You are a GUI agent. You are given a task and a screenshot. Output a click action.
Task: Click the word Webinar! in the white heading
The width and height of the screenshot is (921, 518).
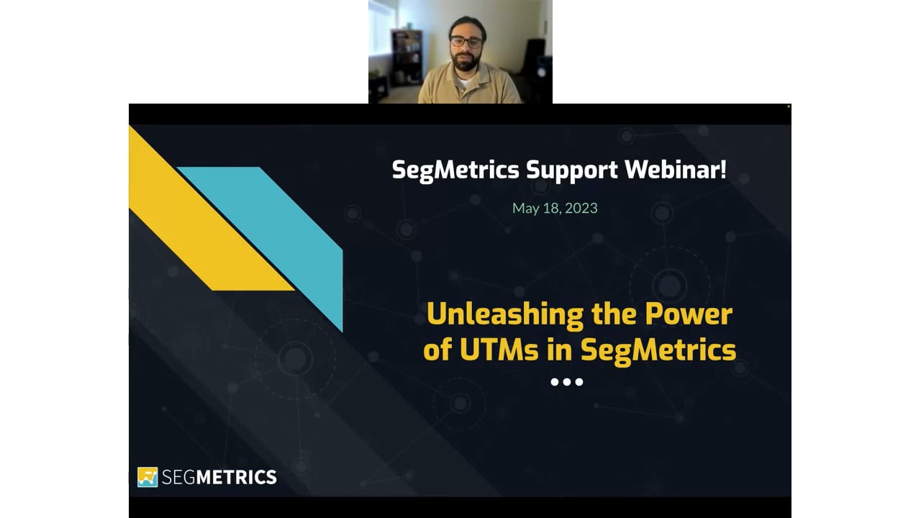click(676, 169)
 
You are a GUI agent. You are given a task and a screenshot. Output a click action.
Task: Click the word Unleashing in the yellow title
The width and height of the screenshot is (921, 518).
click(505, 315)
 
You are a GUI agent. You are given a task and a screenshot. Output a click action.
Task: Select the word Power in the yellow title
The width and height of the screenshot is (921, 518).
click(689, 314)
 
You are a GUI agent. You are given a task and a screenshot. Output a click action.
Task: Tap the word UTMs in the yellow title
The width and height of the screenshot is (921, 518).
click(499, 350)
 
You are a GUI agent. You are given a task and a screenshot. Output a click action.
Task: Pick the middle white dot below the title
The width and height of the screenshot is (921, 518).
click(567, 382)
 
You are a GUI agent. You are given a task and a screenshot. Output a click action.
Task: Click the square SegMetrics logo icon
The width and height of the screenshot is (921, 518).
click(148, 477)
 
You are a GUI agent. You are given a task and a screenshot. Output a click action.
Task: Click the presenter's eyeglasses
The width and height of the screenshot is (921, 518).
click(466, 42)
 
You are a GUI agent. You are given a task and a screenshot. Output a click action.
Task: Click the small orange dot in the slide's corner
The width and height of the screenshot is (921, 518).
click(788, 106)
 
